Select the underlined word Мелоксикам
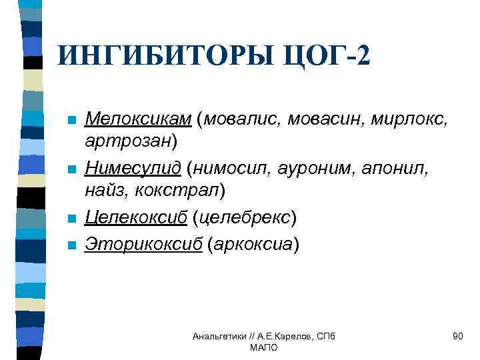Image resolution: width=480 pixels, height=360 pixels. coord(139,119)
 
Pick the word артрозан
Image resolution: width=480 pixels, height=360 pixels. coord(127,141)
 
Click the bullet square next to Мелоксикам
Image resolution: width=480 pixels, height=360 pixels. coord(72,121)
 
